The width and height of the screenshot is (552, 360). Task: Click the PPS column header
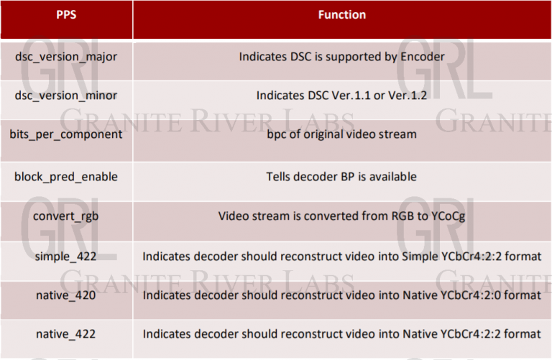pos(66,15)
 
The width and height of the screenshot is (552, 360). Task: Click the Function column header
pos(341,15)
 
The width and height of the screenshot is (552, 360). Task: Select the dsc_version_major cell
pos(66,55)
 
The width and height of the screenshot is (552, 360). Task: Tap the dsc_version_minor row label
pos(66,95)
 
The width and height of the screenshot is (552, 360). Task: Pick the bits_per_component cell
pos(66,134)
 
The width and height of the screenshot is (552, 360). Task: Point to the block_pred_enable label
pos(66,176)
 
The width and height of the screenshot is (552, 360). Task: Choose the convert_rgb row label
pos(66,216)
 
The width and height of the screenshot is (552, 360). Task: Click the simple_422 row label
pos(66,256)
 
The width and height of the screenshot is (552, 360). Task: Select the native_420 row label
pos(66,295)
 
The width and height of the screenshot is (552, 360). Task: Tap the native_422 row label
pos(66,334)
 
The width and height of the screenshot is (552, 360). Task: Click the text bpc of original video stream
pos(341,134)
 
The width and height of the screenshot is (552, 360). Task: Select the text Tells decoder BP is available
pos(341,176)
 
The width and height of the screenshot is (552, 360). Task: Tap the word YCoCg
pos(446,216)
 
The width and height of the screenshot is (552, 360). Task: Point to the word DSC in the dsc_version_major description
pos(305,55)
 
